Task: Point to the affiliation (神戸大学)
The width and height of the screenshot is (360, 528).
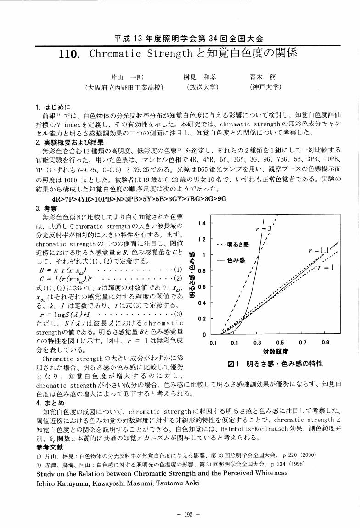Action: [265, 87]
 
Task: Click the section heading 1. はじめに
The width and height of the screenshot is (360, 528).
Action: [54, 109]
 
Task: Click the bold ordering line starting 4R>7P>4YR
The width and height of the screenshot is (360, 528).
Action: [140, 199]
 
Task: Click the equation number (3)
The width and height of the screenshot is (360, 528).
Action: [178, 314]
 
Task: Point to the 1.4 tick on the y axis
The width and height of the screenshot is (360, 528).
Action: [201, 224]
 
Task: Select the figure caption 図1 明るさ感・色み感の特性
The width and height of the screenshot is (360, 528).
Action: [275, 364]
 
